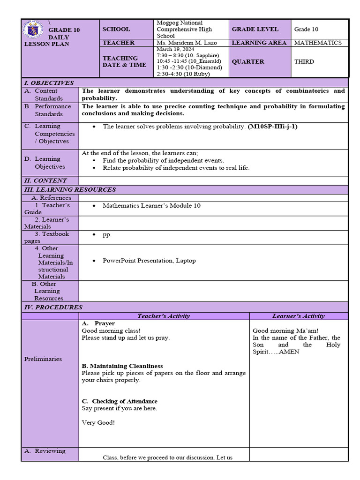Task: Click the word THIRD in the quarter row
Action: point(304,61)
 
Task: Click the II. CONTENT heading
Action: point(45,180)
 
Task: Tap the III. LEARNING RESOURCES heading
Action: point(70,189)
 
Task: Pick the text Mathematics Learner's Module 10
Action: point(151,205)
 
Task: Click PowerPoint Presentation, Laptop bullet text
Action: point(149,261)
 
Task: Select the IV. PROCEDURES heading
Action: point(53,307)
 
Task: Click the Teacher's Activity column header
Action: point(164,316)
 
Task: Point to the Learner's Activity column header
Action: point(298,316)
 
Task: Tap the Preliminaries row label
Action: point(43,359)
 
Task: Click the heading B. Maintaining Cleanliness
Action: point(122,366)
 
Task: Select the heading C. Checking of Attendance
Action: point(120,401)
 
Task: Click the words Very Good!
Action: point(98,422)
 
